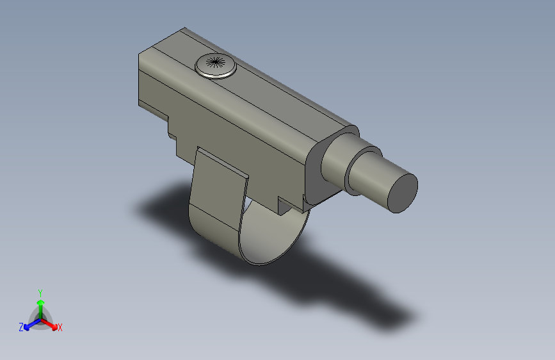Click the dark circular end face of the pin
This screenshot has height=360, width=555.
[403, 192]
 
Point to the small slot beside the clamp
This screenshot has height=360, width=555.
[284, 206]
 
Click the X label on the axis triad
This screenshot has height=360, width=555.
[60, 327]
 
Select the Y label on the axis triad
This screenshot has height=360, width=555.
[40, 292]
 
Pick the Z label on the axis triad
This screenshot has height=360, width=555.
[21, 327]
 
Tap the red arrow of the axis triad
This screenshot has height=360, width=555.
[51, 323]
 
